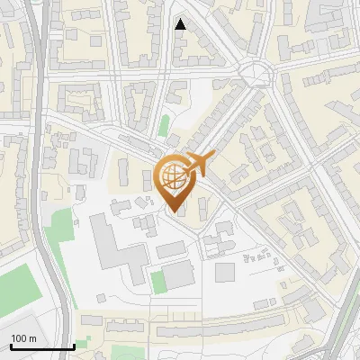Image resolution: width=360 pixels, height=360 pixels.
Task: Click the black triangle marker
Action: point(181,24)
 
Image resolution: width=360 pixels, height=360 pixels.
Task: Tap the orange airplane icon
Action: point(201,165)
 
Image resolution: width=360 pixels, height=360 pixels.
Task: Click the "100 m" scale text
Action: point(23,338)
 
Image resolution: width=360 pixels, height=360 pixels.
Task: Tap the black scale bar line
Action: point(42,346)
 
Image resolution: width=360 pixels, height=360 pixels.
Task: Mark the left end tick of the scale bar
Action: point(11,346)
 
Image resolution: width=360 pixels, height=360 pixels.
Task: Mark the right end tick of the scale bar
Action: point(74,346)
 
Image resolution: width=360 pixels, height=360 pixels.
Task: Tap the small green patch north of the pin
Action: point(164,125)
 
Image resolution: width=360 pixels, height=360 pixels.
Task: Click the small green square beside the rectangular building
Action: point(158,281)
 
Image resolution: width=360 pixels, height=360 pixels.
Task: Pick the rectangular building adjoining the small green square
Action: point(178,274)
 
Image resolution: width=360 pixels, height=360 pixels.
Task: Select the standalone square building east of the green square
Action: point(225,271)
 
